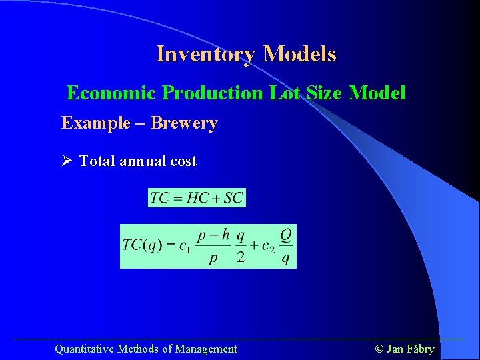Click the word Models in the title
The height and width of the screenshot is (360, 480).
pyautogui.click(x=299, y=54)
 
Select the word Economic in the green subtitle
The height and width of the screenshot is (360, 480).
pyautogui.click(x=113, y=93)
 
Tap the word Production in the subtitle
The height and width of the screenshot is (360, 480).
pyautogui.click(x=213, y=93)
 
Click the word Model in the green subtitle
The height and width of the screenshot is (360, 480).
pyautogui.click(x=377, y=93)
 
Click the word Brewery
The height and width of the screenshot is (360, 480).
pyautogui.click(x=184, y=123)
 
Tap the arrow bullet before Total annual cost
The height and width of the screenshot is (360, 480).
pyautogui.click(x=67, y=161)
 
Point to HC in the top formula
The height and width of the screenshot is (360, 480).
pyautogui.click(x=198, y=198)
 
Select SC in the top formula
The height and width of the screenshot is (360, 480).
pyautogui.click(x=233, y=198)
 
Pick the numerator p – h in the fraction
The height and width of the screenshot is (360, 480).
pyautogui.click(x=213, y=235)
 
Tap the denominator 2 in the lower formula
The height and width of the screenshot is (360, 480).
pyautogui.click(x=241, y=257)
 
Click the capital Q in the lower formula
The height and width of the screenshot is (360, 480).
pyautogui.click(x=285, y=235)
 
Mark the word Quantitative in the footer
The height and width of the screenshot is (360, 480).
pyautogui.click(x=84, y=349)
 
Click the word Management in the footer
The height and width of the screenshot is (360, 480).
pyautogui.click(x=206, y=349)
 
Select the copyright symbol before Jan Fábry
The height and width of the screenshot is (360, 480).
pyautogui.click(x=380, y=349)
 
